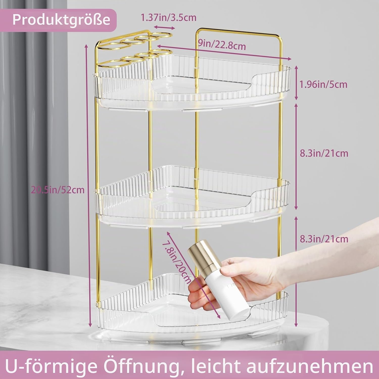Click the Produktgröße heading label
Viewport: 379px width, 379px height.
pyautogui.click(x=61, y=19)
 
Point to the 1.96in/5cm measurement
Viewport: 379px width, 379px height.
pyautogui.click(x=323, y=84)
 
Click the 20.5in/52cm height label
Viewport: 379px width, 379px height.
pyautogui.click(x=58, y=189)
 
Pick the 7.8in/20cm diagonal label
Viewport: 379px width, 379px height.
pyautogui.click(x=177, y=263)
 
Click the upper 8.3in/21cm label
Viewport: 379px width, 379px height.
pyautogui.click(x=324, y=153)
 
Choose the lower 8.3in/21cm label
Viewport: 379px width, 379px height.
pyautogui.click(x=324, y=239)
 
